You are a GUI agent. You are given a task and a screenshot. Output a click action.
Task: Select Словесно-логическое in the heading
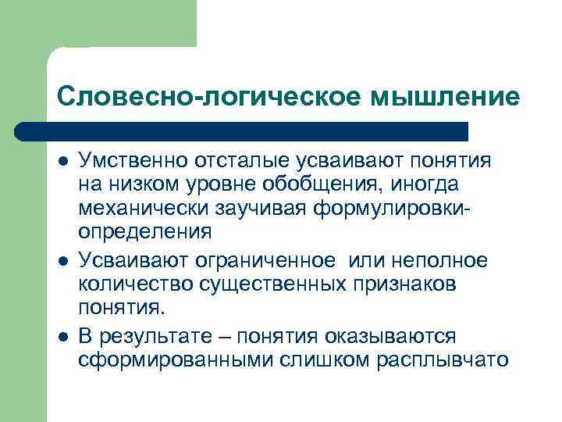click(206, 96)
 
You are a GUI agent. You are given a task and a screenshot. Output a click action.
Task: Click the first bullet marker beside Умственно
click(62, 161)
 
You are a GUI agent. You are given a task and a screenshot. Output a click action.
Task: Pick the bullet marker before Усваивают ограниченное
click(62, 261)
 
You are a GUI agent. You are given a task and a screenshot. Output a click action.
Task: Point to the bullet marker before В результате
click(62, 335)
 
